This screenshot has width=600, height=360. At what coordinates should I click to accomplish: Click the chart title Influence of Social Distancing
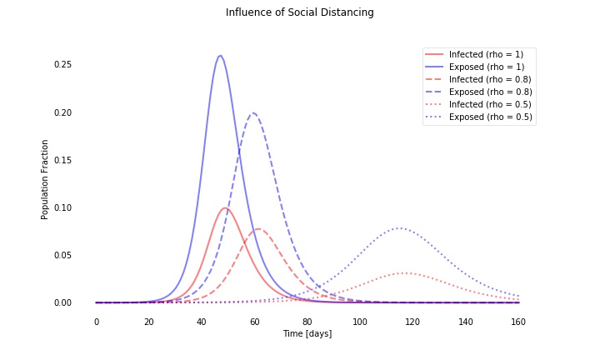click(x=299, y=12)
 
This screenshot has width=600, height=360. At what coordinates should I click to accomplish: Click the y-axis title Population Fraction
click(x=45, y=179)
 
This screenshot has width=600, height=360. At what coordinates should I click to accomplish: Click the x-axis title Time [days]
click(x=307, y=334)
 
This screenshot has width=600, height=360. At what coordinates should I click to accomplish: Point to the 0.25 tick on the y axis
click(x=62, y=65)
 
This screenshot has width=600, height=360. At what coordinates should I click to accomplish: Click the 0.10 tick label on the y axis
click(x=62, y=207)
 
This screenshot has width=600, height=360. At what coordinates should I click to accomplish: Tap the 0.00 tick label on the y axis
click(x=62, y=302)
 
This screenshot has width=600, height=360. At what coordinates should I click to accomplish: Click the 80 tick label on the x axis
click(x=307, y=322)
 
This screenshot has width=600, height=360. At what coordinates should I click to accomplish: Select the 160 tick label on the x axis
click(x=518, y=322)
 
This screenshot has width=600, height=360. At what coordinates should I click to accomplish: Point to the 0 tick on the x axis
click(x=97, y=322)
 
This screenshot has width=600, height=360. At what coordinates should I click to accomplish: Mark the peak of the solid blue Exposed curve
click(x=220, y=56)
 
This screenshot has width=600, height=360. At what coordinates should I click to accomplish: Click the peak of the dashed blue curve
click(x=253, y=113)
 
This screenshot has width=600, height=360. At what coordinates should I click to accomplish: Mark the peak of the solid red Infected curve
click(x=225, y=208)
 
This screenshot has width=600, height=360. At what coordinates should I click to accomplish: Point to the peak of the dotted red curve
click(x=405, y=273)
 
